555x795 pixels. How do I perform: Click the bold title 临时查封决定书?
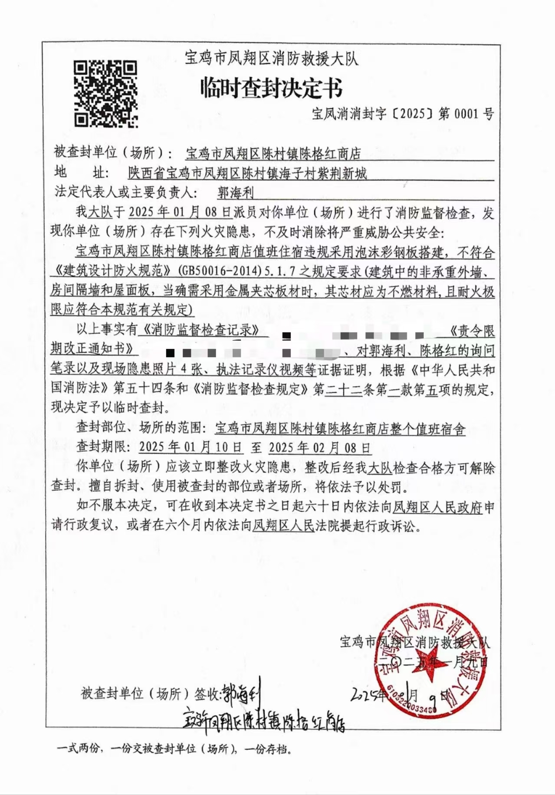271,89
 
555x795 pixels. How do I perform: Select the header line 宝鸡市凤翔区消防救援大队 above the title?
272,58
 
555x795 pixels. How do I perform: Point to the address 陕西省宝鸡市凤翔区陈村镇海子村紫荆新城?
247,174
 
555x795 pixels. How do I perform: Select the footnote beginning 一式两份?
174,749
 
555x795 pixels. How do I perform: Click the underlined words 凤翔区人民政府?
437,507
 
